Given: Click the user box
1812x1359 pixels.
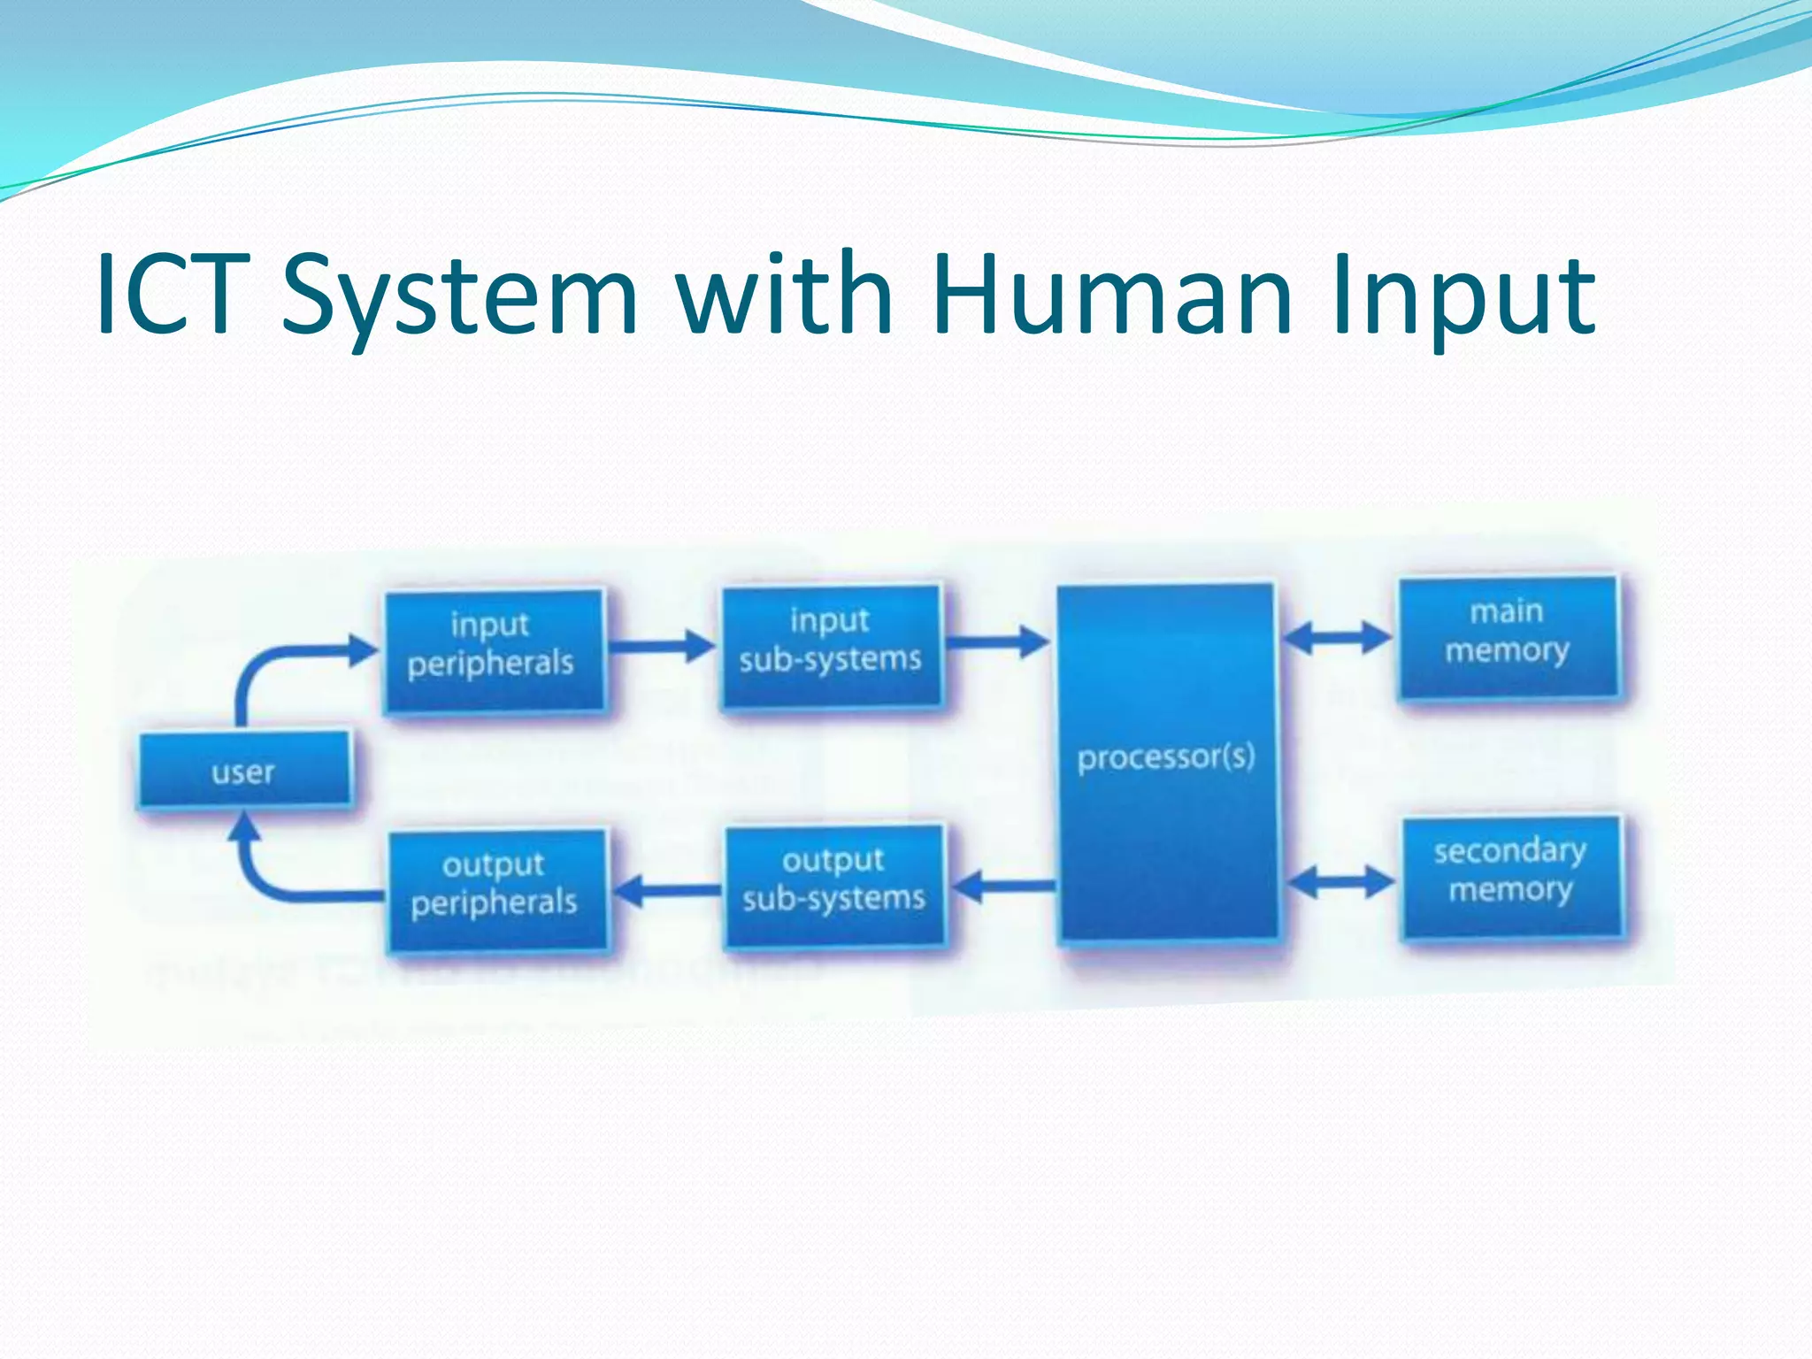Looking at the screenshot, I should click(244, 770).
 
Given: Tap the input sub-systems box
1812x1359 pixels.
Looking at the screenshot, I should click(831, 645).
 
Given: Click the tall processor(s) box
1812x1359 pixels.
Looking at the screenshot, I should click(1166, 761).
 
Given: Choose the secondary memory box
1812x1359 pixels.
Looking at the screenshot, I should click(1511, 876).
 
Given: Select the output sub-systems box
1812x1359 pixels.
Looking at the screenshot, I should click(833, 885).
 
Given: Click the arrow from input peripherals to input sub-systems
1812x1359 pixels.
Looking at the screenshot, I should click(661, 646).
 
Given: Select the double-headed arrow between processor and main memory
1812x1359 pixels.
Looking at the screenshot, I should click(1336, 637).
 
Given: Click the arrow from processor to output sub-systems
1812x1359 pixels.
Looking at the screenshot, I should click(1005, 885).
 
